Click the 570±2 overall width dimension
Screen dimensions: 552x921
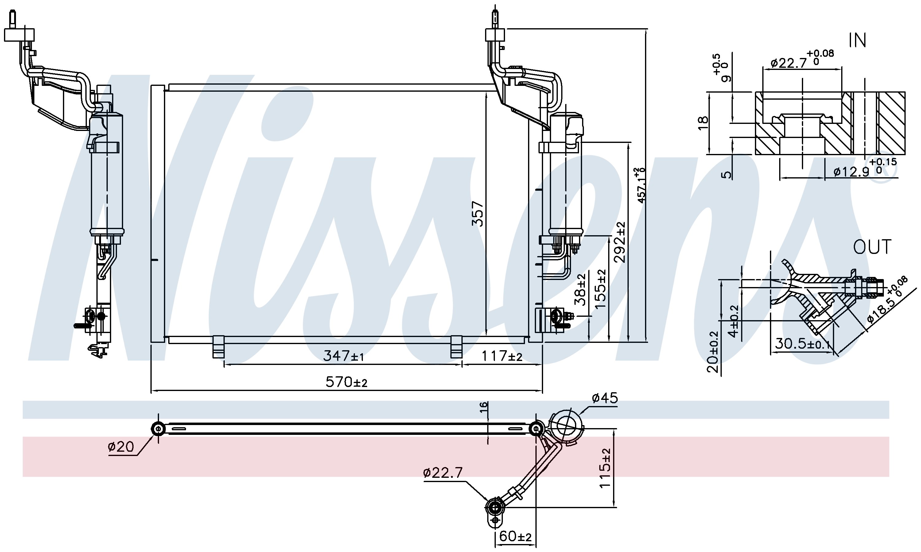(346, 382)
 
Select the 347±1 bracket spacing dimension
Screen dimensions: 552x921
(343, 356)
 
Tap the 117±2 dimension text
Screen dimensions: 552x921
(502, 356)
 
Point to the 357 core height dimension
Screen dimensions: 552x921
(478, 213)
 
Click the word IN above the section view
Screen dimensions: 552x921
(858, 40)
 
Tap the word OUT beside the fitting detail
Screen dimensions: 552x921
(872, 247)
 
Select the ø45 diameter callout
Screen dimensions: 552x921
(604, 398)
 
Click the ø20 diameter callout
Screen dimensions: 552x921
(121, 447)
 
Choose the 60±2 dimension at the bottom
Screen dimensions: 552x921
(515, 536)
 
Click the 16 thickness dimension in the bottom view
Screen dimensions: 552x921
(483, 407)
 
